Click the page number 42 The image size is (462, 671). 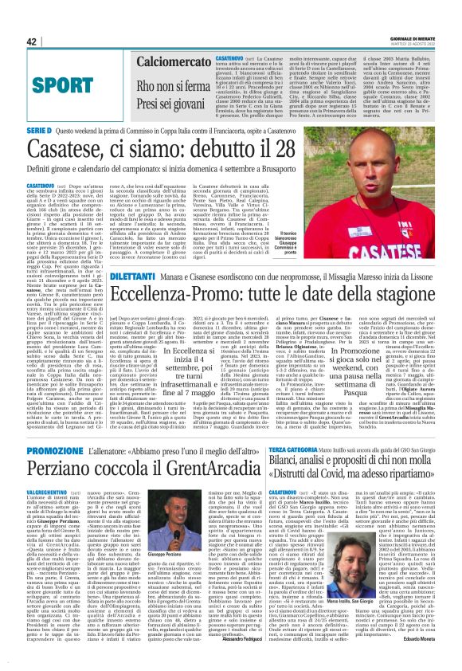(x=32, y=41)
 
